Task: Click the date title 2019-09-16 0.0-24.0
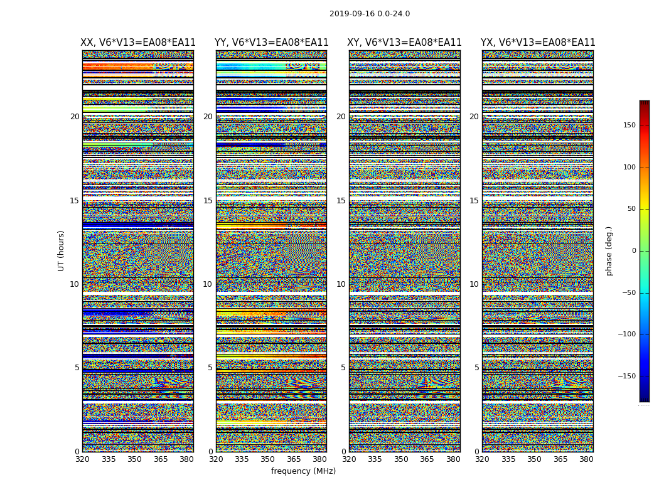pos(370,14)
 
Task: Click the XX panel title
pos(138,43)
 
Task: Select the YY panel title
pos(271,43)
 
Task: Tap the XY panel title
pos(405,43)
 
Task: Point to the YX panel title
pos(538,43)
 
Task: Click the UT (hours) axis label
pos(62,250)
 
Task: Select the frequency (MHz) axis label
pos(303,471)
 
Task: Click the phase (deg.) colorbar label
pos(609,250)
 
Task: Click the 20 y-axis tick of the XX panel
pos(75,117)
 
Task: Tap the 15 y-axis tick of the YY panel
pos(208,201)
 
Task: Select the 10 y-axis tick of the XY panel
pos(341,284)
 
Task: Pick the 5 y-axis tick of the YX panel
pos(476,368)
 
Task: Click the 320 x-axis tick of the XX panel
pos(82,459)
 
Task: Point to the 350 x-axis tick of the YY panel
pos(268,459)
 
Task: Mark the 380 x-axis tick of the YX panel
pos(586,459)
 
